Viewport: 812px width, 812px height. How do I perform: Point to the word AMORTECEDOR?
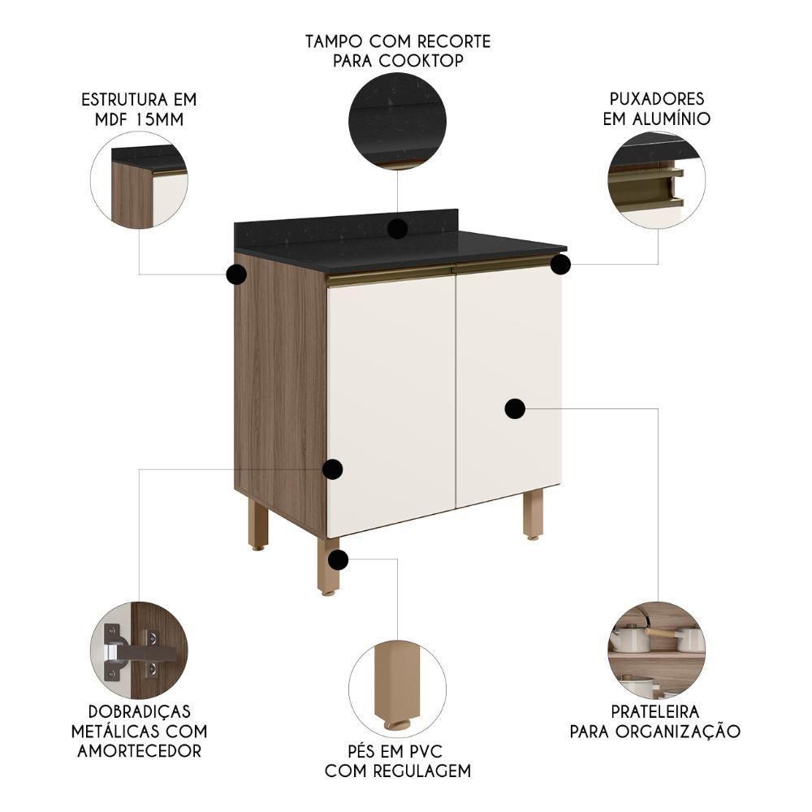(x=139, y=751)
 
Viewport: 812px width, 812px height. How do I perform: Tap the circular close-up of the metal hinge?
(x=139, y=650)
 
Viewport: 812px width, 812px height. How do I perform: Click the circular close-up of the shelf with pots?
(x=656, y=650)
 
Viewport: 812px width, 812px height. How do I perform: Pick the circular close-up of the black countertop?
(x=397, y=121)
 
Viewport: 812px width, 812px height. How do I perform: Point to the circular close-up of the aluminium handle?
(x=656, y=180)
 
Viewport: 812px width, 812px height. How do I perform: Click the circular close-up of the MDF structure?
(x=139, y=180)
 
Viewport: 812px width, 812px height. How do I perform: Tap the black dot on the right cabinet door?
(x=515, y=408)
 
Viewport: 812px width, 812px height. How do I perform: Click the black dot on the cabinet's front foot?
(x=339, y=559)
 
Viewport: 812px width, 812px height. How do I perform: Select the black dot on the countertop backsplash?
(x=397, y=229)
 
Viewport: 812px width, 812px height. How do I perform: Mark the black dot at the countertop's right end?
(x=560, y=265)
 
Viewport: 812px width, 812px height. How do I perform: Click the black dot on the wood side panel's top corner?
(x=236, y=274)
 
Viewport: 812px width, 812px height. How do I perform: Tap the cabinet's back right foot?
(x=533, y=513)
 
